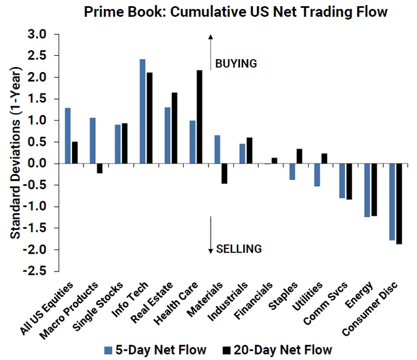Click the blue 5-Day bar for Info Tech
click(143, 111)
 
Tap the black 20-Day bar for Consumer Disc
click(400, 203)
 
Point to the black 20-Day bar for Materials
click(224, 174)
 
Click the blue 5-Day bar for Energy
click(367, 190)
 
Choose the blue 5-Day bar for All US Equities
click(68, 135)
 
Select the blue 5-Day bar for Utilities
click(317, 175)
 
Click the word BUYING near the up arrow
click(236, 64)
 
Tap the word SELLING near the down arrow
click(239, 248)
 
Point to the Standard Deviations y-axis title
click(16, 152)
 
